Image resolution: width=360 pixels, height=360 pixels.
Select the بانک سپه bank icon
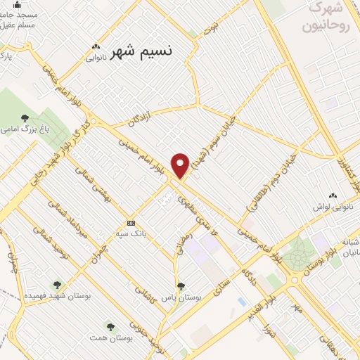[x=131, y=224]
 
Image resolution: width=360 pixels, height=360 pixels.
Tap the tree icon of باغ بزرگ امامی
[x=25, y=117]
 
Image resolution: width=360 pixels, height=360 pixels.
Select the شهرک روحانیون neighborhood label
[x=323, y=20]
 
